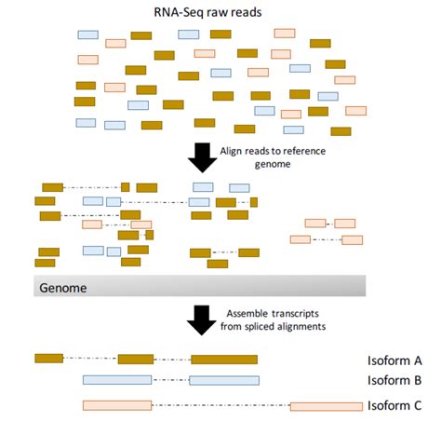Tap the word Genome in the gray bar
pos(62,287)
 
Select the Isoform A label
pos(394,360)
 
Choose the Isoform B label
pos(394,380)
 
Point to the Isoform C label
pos(394,405)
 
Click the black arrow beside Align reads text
pos(202,156)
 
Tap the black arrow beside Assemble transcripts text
pos(202,319)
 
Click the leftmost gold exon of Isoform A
pos(49,358)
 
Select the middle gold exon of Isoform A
pos(136,359)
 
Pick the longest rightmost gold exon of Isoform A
pos(223,359)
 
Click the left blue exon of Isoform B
pos(116,380)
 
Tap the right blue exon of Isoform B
pos(224,380)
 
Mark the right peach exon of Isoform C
pos(326,405)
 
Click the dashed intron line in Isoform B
pos(169,380)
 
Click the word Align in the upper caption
pos(233,150)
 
